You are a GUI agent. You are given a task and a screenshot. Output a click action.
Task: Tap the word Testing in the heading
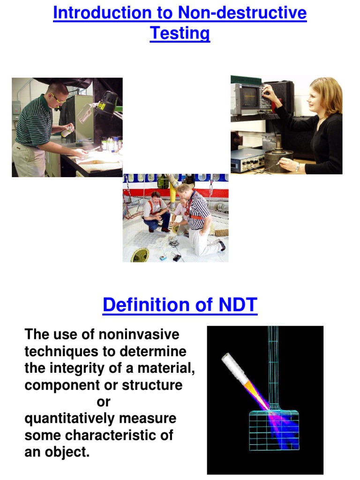coord(180,33)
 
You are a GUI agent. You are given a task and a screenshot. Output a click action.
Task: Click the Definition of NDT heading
coord(180,305)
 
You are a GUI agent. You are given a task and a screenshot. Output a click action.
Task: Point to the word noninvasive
coord(139,335)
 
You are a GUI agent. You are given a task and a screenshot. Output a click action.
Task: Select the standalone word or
coord(104,402)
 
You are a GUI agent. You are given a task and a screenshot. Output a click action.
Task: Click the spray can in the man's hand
coord(68,130)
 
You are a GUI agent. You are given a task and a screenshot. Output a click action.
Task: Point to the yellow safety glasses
coord(59,98)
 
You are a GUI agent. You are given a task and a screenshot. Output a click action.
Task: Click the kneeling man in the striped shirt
coord(199,218)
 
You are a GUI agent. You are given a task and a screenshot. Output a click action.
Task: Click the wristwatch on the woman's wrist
coord(297,167)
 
